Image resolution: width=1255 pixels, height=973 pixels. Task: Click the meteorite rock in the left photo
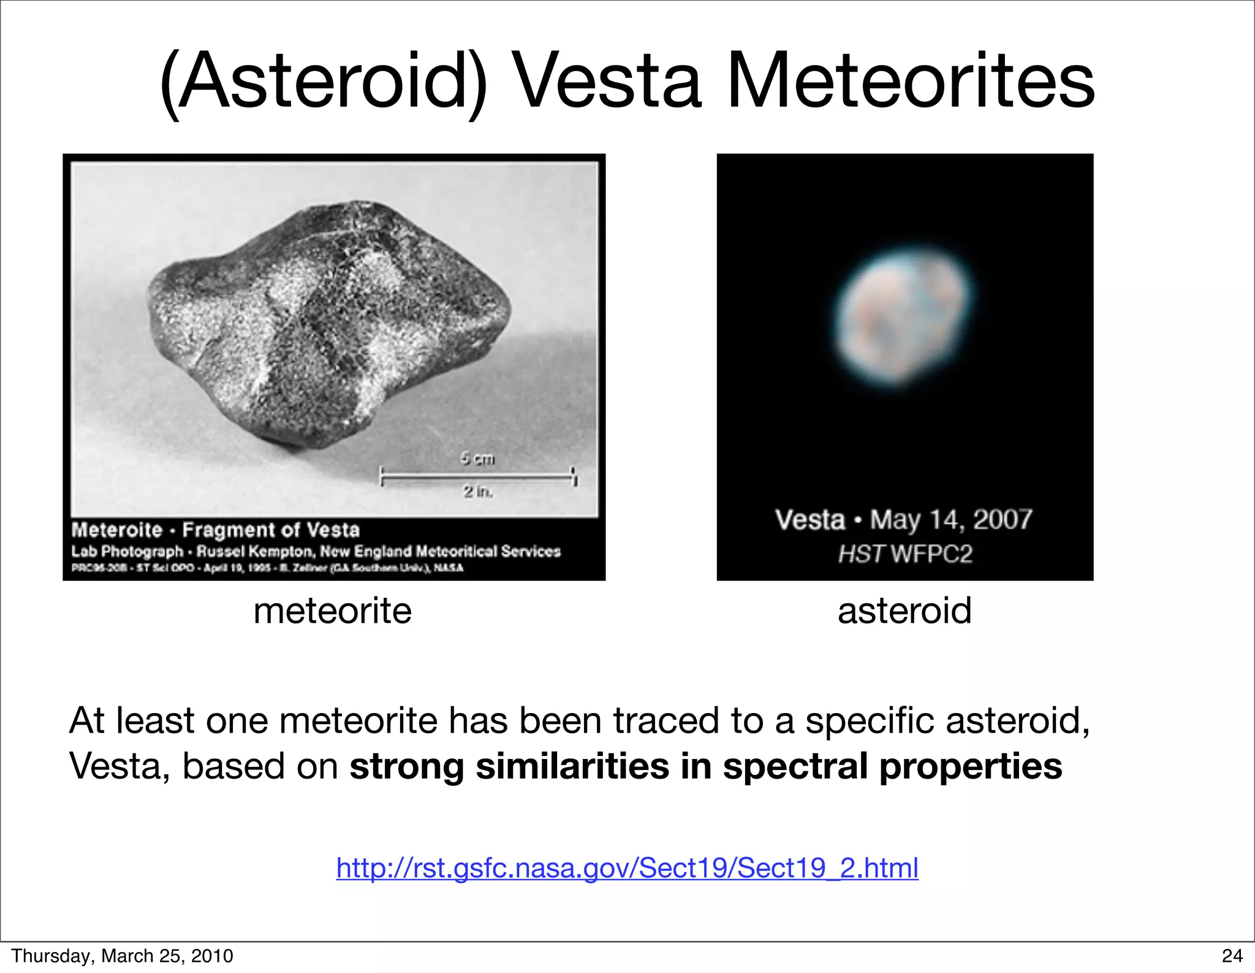pos(325,325)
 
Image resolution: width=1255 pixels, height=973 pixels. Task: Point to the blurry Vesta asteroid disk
pos(904,319)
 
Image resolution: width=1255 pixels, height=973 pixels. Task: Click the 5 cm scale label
pos(477,458)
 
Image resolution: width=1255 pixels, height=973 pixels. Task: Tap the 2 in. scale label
pos(477,491)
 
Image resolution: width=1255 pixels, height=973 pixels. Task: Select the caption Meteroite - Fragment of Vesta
pos(216,530)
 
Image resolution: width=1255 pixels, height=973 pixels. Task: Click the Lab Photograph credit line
pos(316,551)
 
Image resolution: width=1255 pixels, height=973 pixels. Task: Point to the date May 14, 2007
pos(950,520)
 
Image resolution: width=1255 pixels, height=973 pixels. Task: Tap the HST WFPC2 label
pos(904,554)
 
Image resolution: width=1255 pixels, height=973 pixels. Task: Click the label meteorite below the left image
pos(332,611)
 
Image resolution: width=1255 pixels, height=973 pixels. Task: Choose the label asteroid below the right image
pos(904,611)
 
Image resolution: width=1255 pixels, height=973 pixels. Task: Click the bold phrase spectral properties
pos(892,766)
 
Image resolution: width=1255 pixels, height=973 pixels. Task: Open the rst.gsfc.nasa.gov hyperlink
pos(627,868)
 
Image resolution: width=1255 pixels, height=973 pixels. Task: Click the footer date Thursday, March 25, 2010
pos(122,956)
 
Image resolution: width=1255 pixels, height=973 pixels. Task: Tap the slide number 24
pos(1232,956)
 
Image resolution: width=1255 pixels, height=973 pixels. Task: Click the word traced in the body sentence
pos(666,720)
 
